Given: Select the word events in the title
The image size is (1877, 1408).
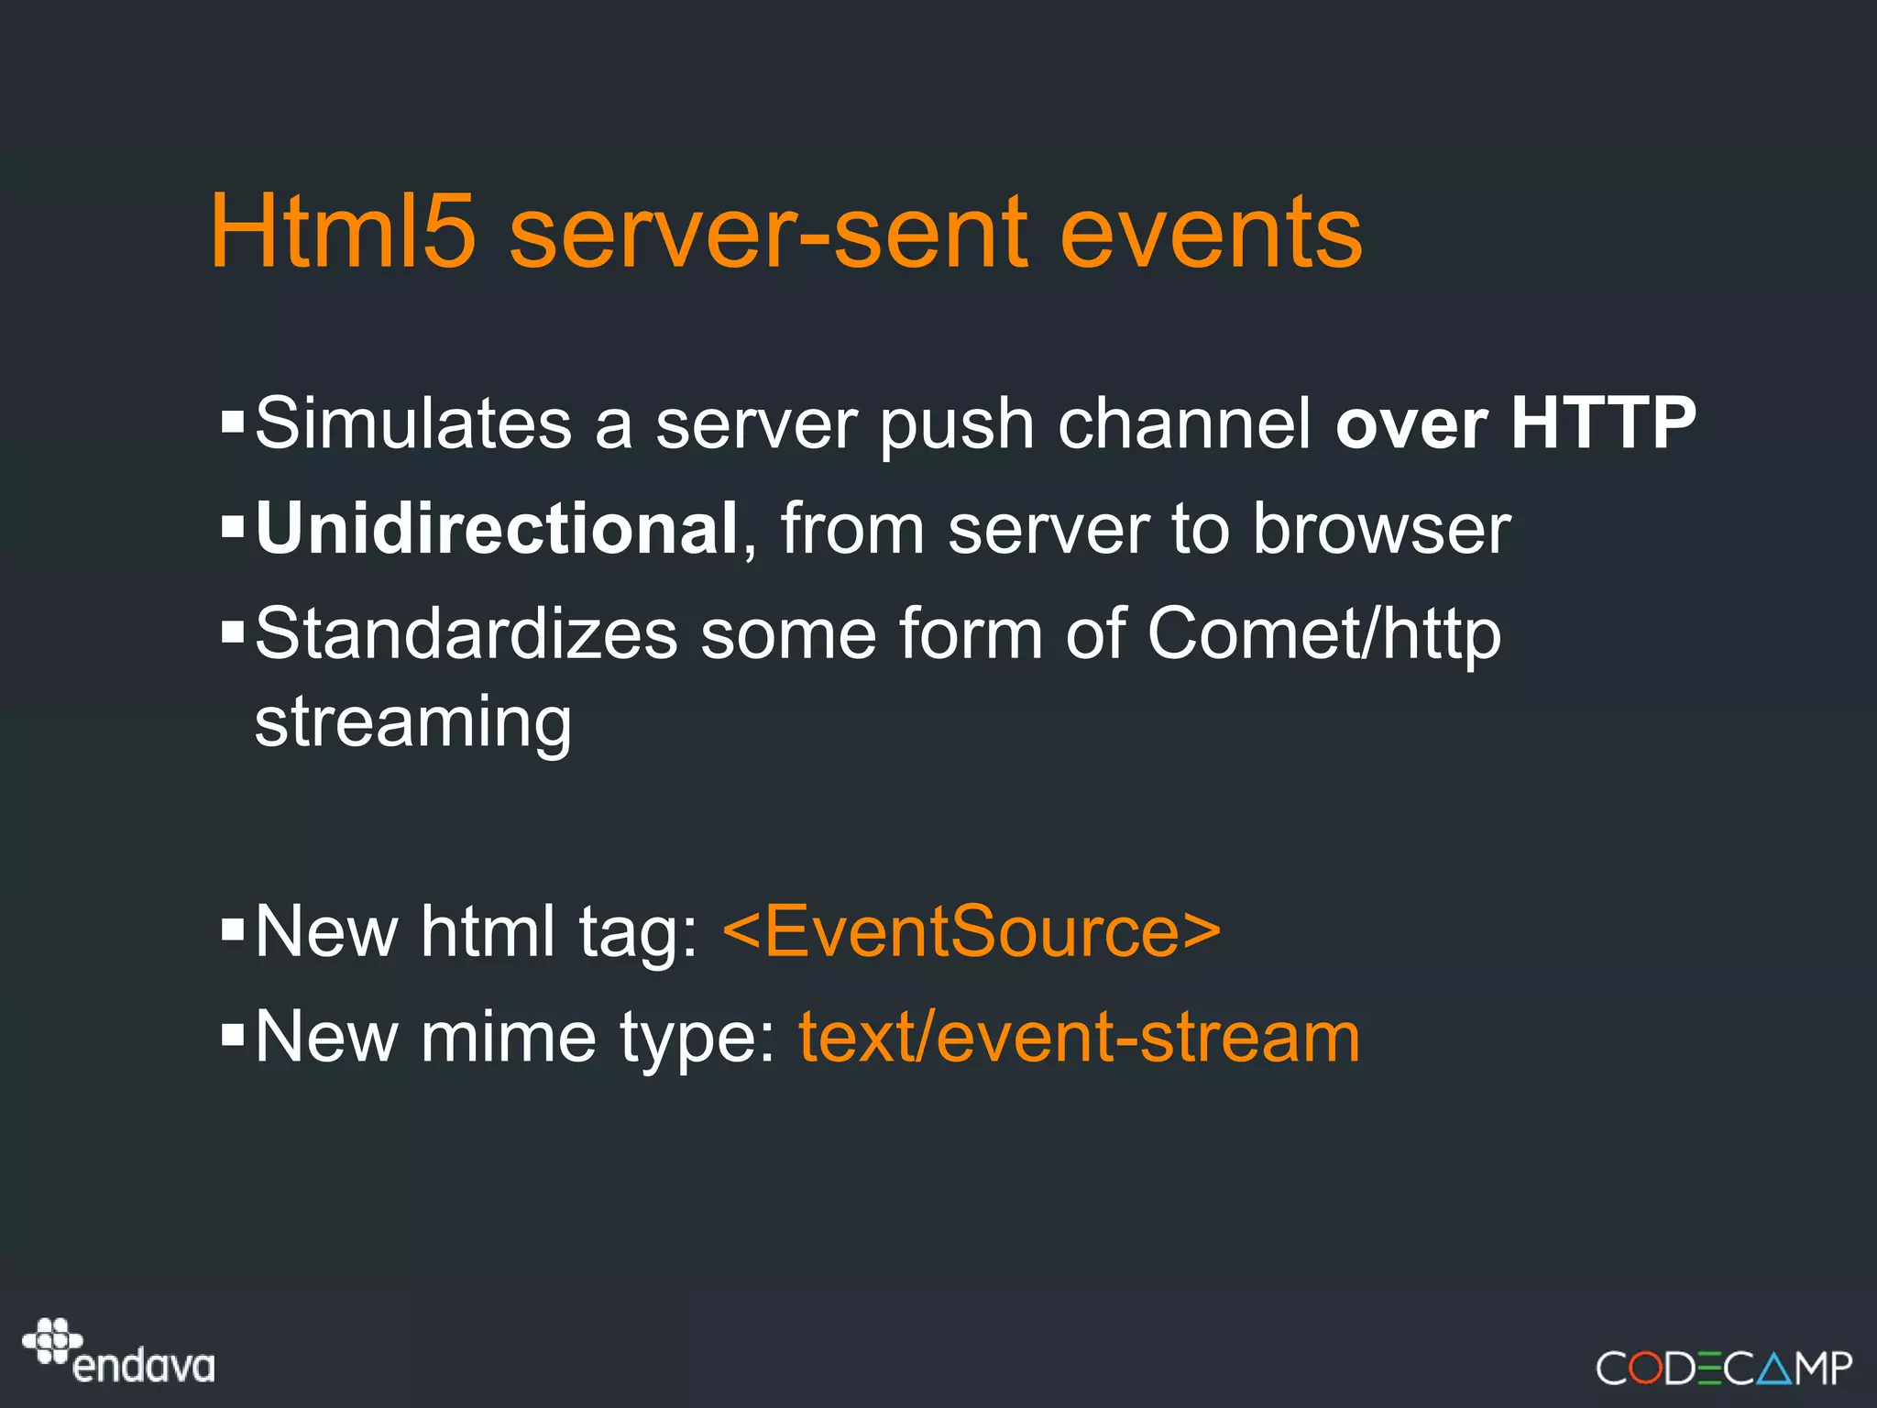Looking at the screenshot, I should coord(1211,234).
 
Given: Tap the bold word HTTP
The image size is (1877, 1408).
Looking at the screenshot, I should coord(1603,423).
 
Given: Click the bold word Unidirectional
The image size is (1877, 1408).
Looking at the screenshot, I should coord(496,529).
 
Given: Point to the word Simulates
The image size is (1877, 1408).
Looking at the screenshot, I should coord(413,423).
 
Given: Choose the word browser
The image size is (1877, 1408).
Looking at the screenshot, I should coord(1381,529).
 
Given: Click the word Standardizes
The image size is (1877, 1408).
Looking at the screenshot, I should coord(466,633).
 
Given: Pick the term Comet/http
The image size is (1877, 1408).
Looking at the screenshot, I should coord(1323,633).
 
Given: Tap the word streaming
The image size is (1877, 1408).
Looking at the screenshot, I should coord(413,723).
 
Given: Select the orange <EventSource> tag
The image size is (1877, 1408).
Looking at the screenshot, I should coord(971,931).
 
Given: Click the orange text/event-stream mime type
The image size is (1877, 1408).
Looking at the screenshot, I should coord(1079,1037).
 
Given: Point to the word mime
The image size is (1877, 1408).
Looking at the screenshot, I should coord(508,1037).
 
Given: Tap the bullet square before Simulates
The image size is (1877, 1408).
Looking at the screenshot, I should coord(233,423).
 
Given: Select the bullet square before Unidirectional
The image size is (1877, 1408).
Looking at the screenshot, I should coord(233,527).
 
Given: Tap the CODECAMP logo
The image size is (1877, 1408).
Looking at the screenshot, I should coord(1723,1368).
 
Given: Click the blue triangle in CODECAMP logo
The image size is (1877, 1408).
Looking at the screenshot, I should coord(1775,1369).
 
